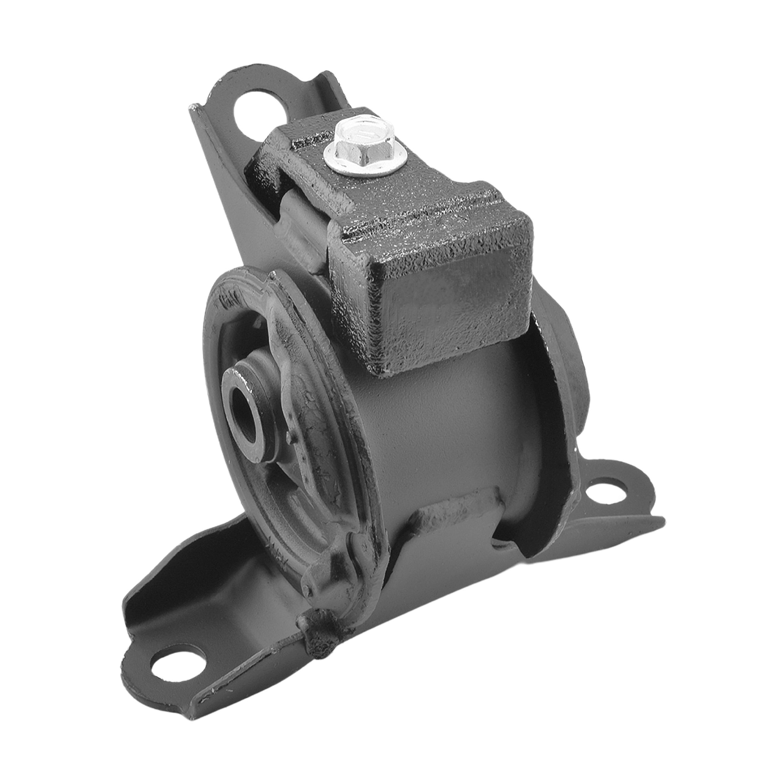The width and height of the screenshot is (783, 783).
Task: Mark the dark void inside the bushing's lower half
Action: (x=300, y=490)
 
